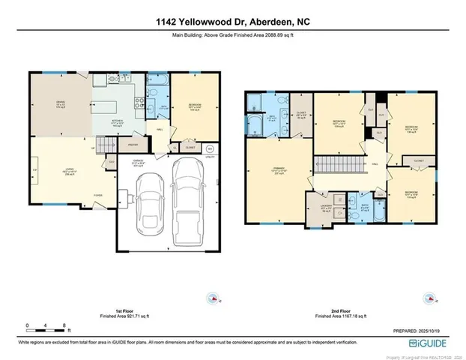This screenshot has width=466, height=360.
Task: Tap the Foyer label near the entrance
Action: (98, 193)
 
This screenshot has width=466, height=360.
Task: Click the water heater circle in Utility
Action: (210, 148)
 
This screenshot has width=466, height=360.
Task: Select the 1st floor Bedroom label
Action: (194, 107)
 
